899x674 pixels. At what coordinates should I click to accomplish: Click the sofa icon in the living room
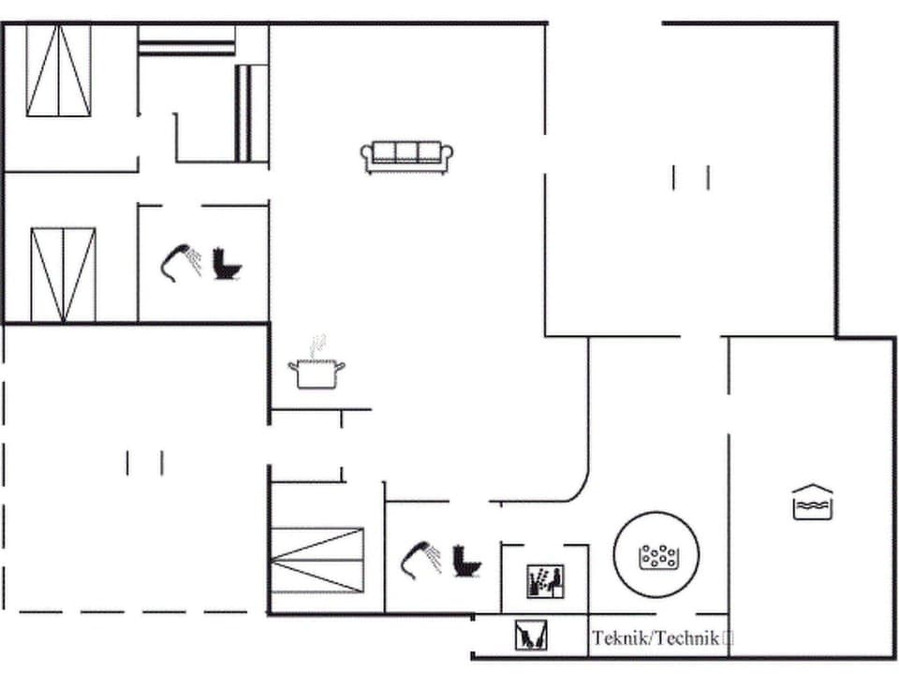click(x=406, y=156)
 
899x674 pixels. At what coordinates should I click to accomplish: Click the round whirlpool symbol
click(x=657, y=556)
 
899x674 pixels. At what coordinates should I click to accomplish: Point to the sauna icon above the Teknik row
click(x=544, y=581)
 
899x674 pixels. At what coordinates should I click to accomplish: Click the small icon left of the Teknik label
click(x=530, y=637)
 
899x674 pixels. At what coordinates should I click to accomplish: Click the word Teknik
click(x=621, y=638)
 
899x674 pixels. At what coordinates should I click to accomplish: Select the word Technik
click(x=688, y=638)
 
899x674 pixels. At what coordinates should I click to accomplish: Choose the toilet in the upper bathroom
click(x=227, y=263)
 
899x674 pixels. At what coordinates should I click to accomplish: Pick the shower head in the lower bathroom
click(x=420, y=557)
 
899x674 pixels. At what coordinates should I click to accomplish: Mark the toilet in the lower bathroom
click(x=465, y=560)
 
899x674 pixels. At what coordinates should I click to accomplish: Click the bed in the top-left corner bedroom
click(x=58, y=71)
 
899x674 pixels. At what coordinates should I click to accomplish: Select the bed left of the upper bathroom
click(x=63, y=274)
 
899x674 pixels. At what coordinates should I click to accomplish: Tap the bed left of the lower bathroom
click(x=317, y=560)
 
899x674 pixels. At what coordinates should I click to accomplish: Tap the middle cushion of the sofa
click(x=406, y=152)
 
